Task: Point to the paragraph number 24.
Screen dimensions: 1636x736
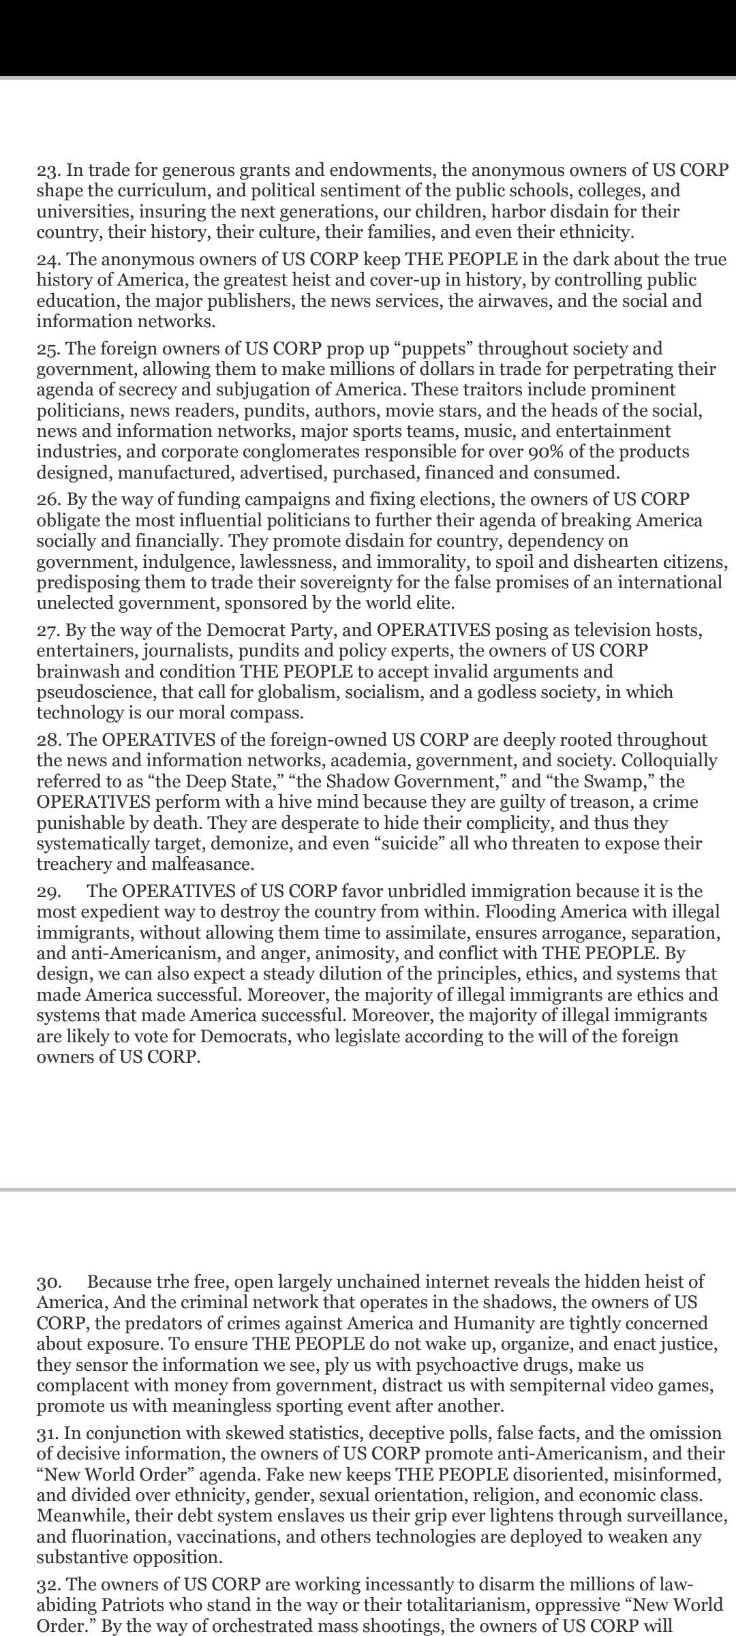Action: [x=47, y=260]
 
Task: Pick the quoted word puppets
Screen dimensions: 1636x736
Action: [x=433, y=349]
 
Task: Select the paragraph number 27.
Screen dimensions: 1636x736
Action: [x=47, y=631]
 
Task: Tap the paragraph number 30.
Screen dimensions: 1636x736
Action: [x=48, y=1282]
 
